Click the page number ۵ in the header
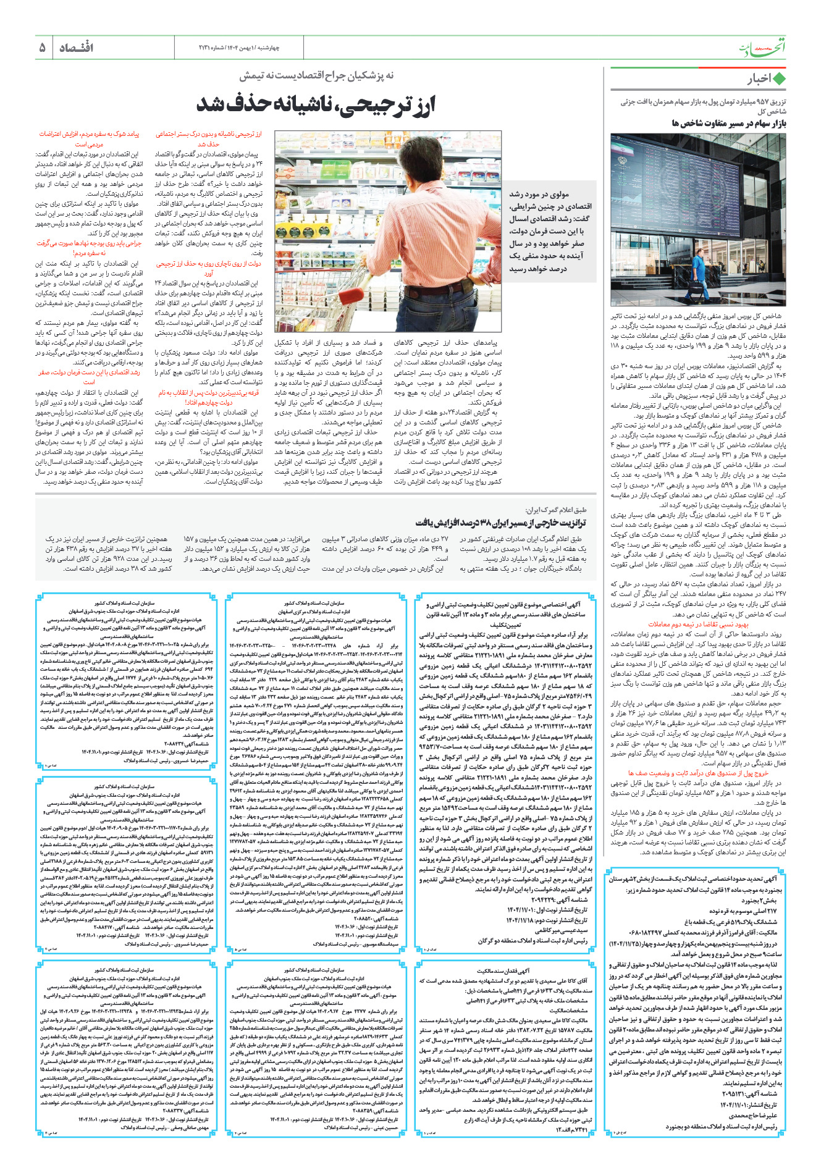[42, 48]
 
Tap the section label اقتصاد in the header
[76, 48]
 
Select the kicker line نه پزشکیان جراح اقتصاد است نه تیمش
[316, 75]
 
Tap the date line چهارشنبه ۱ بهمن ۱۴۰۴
[250, 48]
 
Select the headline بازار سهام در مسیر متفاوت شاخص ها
[728, 124]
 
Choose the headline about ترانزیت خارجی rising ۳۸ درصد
[500, 523]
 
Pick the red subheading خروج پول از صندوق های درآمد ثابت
[698, 773]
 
